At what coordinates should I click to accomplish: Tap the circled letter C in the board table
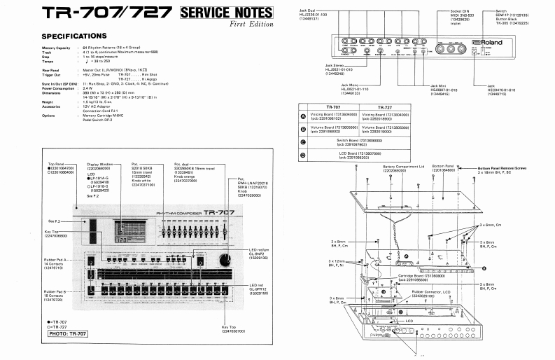pyautogui.click(x=302, y=141)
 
